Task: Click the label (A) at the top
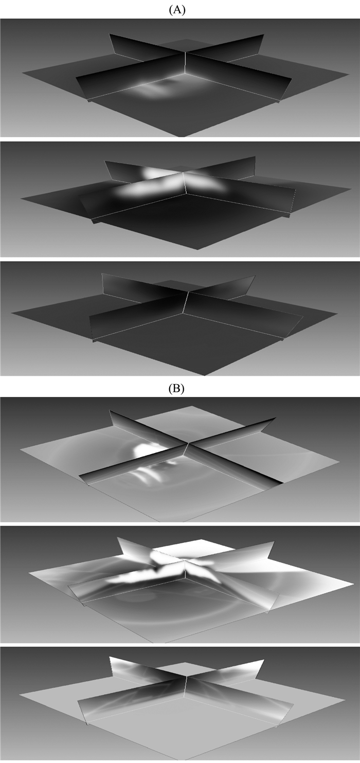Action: point(177,11)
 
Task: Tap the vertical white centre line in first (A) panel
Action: point(185,63)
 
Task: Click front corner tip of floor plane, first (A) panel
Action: point(184,137)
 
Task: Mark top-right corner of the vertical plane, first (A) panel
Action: point(264,34)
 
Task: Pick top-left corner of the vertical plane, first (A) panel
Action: point(110,34)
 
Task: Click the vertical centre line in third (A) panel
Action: point(186,302)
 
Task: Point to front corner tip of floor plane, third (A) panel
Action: point(204,375)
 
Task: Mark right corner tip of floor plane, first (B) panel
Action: point(340,565)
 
